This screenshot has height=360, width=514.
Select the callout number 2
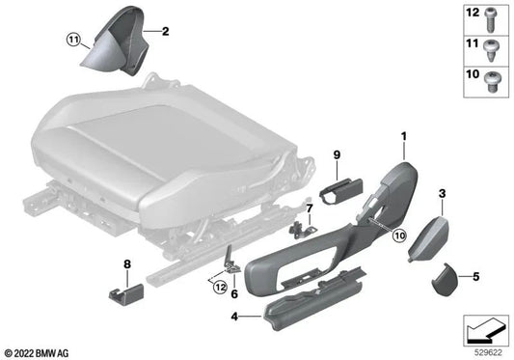(165, 31)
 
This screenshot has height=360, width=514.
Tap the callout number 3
(442, 194)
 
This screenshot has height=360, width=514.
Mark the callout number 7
(310, 208)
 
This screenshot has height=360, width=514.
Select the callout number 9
(338, 153)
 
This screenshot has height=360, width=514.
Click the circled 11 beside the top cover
(73, 41)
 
